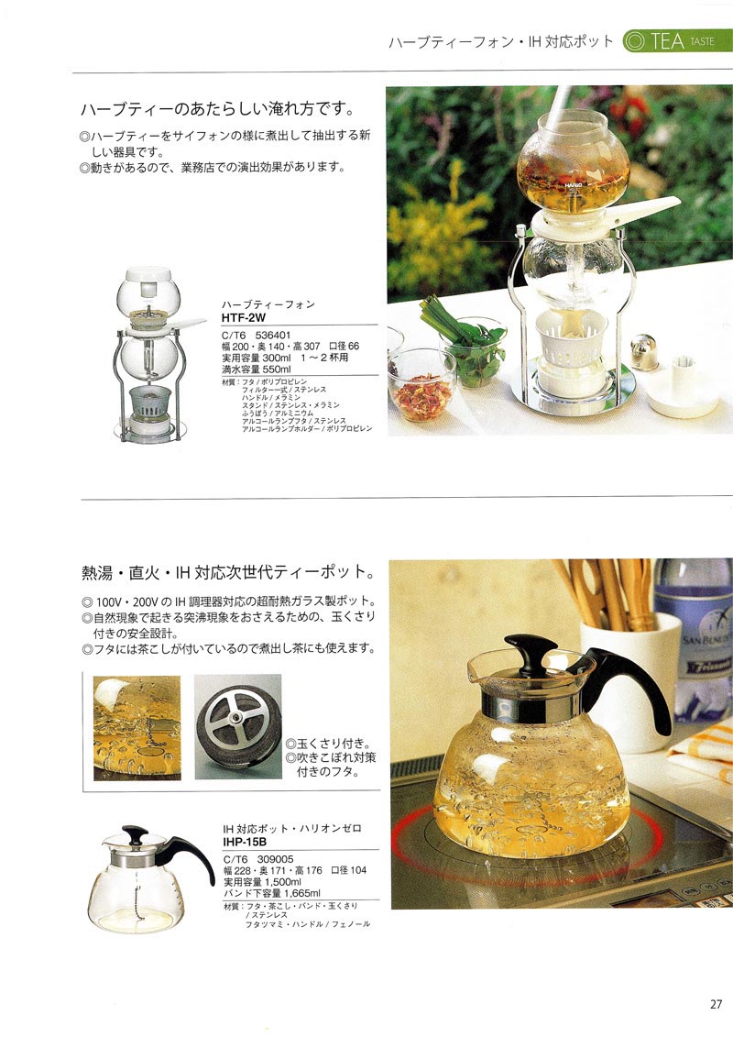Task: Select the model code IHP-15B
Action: [x=246, y=839]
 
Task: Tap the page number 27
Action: [x=716, y=1002]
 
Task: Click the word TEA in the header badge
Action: [x=666, y=41]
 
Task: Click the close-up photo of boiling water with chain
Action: [x=137, y=727]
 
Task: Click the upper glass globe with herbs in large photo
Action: [x=573, y=165]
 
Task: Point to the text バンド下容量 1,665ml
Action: [x=272, y=892]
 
